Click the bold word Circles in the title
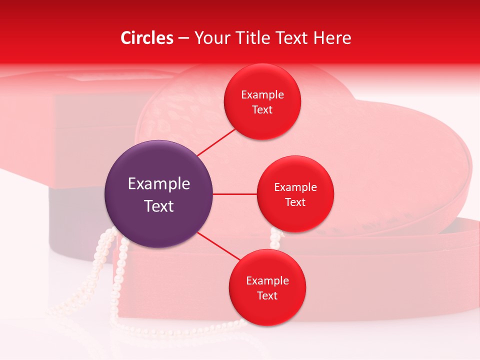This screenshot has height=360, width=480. tap(146, 38)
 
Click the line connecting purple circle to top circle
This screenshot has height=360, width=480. tap(216, 141)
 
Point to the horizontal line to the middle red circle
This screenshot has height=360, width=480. tap(234, 194)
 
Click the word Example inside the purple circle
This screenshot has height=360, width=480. tap(159, 184)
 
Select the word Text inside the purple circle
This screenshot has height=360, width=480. tap(159, 206)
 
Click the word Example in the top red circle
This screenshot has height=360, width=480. tap(262, 95)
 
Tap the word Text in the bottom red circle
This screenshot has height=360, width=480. tap(267, 296)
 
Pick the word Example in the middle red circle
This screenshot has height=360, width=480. tap(295, 187)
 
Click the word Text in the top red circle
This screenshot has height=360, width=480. tap(262, 110)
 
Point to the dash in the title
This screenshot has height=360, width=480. tap(183, 38)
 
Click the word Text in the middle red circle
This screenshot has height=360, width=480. tap(295, 202)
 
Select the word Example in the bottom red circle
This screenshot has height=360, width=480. tap(267, 281)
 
